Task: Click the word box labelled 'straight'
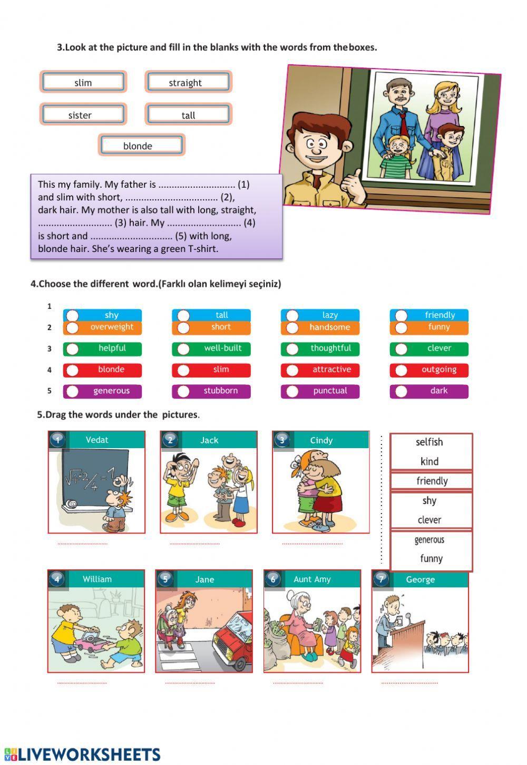pyautogui.click(x=188, y=82)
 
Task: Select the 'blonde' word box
pyautogui.click(x=141, y=146)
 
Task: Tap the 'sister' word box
pyautogui.click(x=83, y=115)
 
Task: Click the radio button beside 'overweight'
pyautogui.click(x=72, y=327)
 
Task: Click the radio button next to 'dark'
pyautogui.click(x=401, y=391)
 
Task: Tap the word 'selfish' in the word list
pyautogui.click(x=430, y=442)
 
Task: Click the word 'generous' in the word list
pyautogui.click(x=430, y=540)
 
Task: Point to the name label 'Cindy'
pyautogui.click(x=321, y=440)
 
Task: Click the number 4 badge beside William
pyautogui.click(x=57, y=579)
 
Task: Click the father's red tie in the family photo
pyautogui.click(x=403, y=121)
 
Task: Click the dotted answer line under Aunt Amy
pyautogui.click(x=298, y=683)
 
